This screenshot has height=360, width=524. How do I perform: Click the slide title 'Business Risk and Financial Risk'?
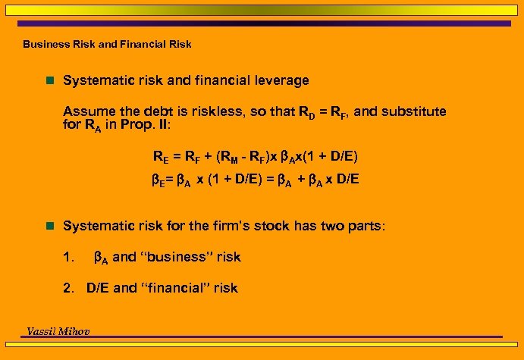(107, 44)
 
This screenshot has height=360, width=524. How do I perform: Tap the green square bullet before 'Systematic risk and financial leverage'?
(50, 80)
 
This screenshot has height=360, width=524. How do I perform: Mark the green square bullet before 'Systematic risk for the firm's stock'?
(50, 226)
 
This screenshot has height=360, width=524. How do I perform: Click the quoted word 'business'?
(177, 257)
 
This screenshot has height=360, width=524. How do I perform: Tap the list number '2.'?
(70, 287)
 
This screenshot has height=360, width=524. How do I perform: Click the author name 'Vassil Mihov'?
(59, 331)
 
